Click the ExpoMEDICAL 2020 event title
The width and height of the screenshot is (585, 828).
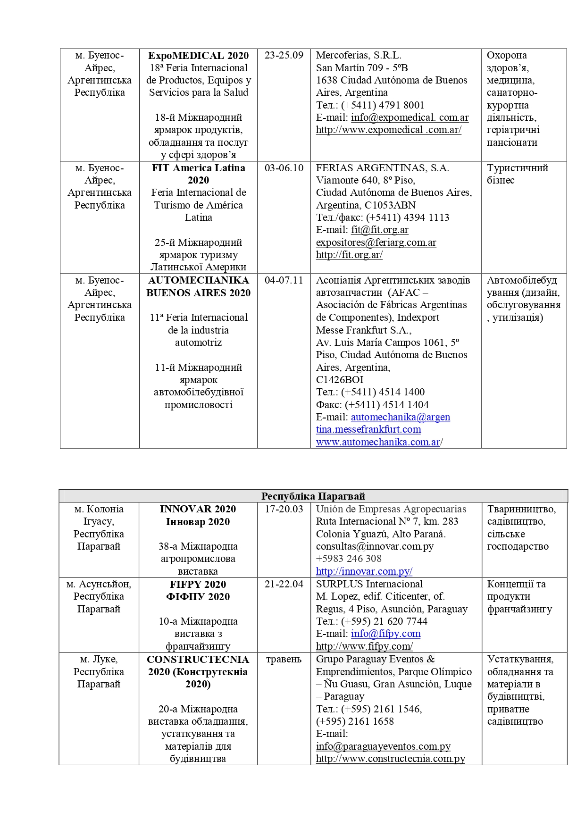pos(198,55)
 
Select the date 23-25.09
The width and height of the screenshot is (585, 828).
pos(284,55)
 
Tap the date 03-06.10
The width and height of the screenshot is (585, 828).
pos(284,168)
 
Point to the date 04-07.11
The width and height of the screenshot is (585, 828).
pos(284,280)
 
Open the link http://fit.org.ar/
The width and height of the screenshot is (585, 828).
pos(349,255)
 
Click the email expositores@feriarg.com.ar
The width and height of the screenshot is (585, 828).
pos(376,243)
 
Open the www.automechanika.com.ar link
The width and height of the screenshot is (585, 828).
pos(378,442)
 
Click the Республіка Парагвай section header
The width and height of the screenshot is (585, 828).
pos(313,496)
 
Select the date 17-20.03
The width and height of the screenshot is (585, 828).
pos(284,509)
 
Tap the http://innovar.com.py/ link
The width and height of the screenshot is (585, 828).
pos(364,571)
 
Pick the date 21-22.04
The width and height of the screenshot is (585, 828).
pos(284,584)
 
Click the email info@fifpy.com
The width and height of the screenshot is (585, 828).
pos(385,634)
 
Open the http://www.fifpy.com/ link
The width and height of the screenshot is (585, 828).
pos(364,646)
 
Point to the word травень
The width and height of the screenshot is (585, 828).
pos(284,659)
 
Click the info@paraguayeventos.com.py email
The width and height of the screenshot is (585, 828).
pos(383,746)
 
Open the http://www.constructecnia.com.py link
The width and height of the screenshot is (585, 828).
pos(391,759)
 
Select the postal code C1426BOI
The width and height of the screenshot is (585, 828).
pos(340,380)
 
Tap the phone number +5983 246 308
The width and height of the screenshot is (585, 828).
pos(349,559)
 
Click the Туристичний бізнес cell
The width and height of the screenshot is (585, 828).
pos(517,174)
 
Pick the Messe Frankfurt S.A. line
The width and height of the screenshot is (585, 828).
pos(364,330)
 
